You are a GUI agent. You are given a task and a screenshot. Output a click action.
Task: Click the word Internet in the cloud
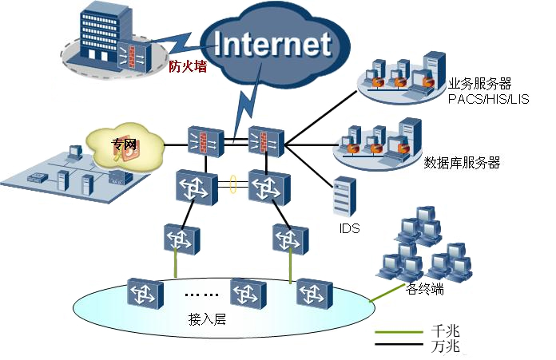click(x=272, y=44)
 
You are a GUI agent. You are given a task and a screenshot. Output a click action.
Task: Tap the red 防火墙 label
click(x=188, y=66)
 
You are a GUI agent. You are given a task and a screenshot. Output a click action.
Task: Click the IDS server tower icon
click(x=344, y=196)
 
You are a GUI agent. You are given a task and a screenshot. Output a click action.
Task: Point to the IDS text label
click(x=349, y=228)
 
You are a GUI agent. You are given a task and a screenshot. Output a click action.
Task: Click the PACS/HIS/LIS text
click(x=489, y=99)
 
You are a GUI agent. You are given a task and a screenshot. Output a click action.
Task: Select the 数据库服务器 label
click(x=462, y=162)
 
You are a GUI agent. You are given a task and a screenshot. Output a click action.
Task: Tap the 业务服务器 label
click(x=479, y=84)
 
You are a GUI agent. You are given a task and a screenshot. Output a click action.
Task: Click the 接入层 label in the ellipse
click(x=207, y=319)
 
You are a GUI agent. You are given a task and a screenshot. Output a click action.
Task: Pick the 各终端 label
click(x=424, y=289)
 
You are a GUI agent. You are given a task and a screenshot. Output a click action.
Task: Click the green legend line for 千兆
click(x=399, y=332)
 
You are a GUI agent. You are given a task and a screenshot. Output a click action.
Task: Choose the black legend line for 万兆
click(x=399, y=344)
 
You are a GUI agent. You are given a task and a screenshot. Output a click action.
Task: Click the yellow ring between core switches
click(x=233, y=184)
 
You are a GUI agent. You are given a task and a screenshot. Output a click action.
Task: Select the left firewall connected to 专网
click(x=205, y=141)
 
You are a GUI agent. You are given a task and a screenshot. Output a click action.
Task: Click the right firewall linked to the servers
click(x=266, y=141)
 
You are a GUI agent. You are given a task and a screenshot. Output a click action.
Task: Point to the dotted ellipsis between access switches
click(x=201, y=295)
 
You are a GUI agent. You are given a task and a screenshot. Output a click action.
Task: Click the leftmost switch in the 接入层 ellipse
click(x=145, y=294)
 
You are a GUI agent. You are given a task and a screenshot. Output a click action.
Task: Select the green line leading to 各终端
click(x=387, y=293)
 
